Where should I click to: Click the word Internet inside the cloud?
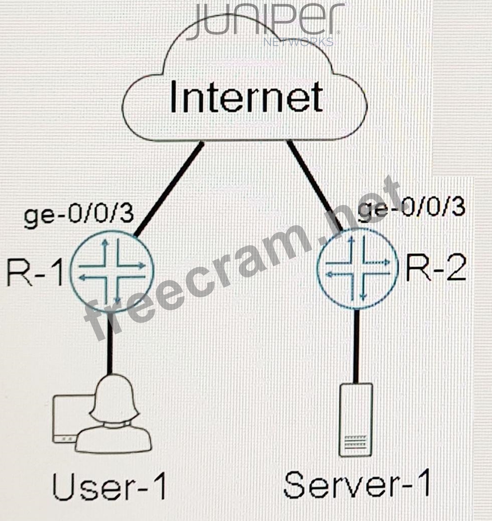pyautogui.click(x=246, y=96)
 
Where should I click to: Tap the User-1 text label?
pyautogui.click(x=109, y=488)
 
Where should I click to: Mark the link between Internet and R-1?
pyautogui.click(x=169, y=189)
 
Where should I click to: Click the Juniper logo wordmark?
pyautogui.click(x=265, y=22)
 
